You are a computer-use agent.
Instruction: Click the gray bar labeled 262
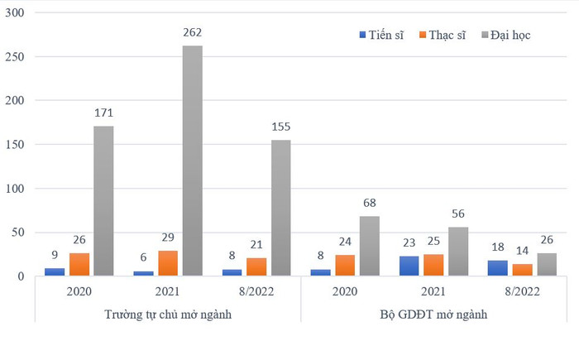point(192,161)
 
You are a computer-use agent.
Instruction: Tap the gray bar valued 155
point(280,208)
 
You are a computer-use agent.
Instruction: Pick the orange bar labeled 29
point(168,263)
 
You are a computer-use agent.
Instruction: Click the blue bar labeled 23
point(409,266)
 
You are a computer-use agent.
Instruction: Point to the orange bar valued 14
point(521,270)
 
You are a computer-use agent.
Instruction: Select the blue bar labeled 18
point(498,268)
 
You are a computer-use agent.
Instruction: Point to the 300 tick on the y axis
point(17,14)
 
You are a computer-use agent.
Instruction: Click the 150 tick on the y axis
point(17,145)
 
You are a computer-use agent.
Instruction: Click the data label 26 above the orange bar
point(79,240)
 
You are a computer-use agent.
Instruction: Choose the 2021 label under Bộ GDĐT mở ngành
point(432,291)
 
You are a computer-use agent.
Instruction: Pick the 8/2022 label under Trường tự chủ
point(256,291)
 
